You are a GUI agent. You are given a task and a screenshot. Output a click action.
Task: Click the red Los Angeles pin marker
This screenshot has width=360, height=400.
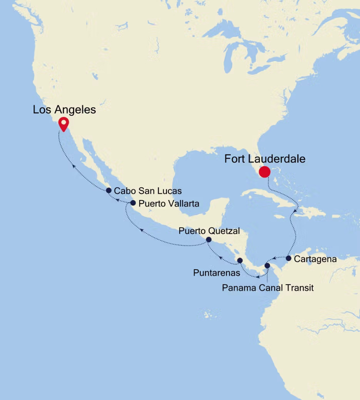(x=63, y=123)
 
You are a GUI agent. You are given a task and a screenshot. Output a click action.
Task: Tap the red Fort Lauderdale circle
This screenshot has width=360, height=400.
(x=264, y=172)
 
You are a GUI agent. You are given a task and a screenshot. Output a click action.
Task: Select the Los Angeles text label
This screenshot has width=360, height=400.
(x=64, y=109)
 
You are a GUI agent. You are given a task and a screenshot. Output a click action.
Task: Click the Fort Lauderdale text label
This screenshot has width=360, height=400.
(x=265, y=159)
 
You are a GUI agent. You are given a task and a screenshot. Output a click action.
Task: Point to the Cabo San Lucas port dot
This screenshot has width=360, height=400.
(x=108, y=190)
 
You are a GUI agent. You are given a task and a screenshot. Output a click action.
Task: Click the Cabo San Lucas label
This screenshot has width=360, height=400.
(x=148, y=191)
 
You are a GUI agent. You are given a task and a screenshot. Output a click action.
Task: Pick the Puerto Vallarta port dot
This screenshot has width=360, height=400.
(x=133, y=203)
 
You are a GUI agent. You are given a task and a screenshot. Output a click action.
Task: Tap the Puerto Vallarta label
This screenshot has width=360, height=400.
(x=169, y=203)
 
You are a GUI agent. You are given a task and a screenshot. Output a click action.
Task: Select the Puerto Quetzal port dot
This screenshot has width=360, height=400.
(x=208, y=240)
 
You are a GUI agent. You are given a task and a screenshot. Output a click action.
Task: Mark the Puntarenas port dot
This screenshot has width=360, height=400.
(x=240, y=260)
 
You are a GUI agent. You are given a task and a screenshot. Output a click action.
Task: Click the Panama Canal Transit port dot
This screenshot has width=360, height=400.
(x=267, y=265)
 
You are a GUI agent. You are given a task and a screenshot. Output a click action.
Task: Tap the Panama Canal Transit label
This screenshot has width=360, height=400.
(x=268, y=287)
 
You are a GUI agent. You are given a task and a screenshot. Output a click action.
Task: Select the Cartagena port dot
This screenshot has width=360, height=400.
(x=288, y=258)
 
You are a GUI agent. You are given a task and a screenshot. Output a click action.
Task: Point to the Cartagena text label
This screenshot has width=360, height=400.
(x=315, y=259)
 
